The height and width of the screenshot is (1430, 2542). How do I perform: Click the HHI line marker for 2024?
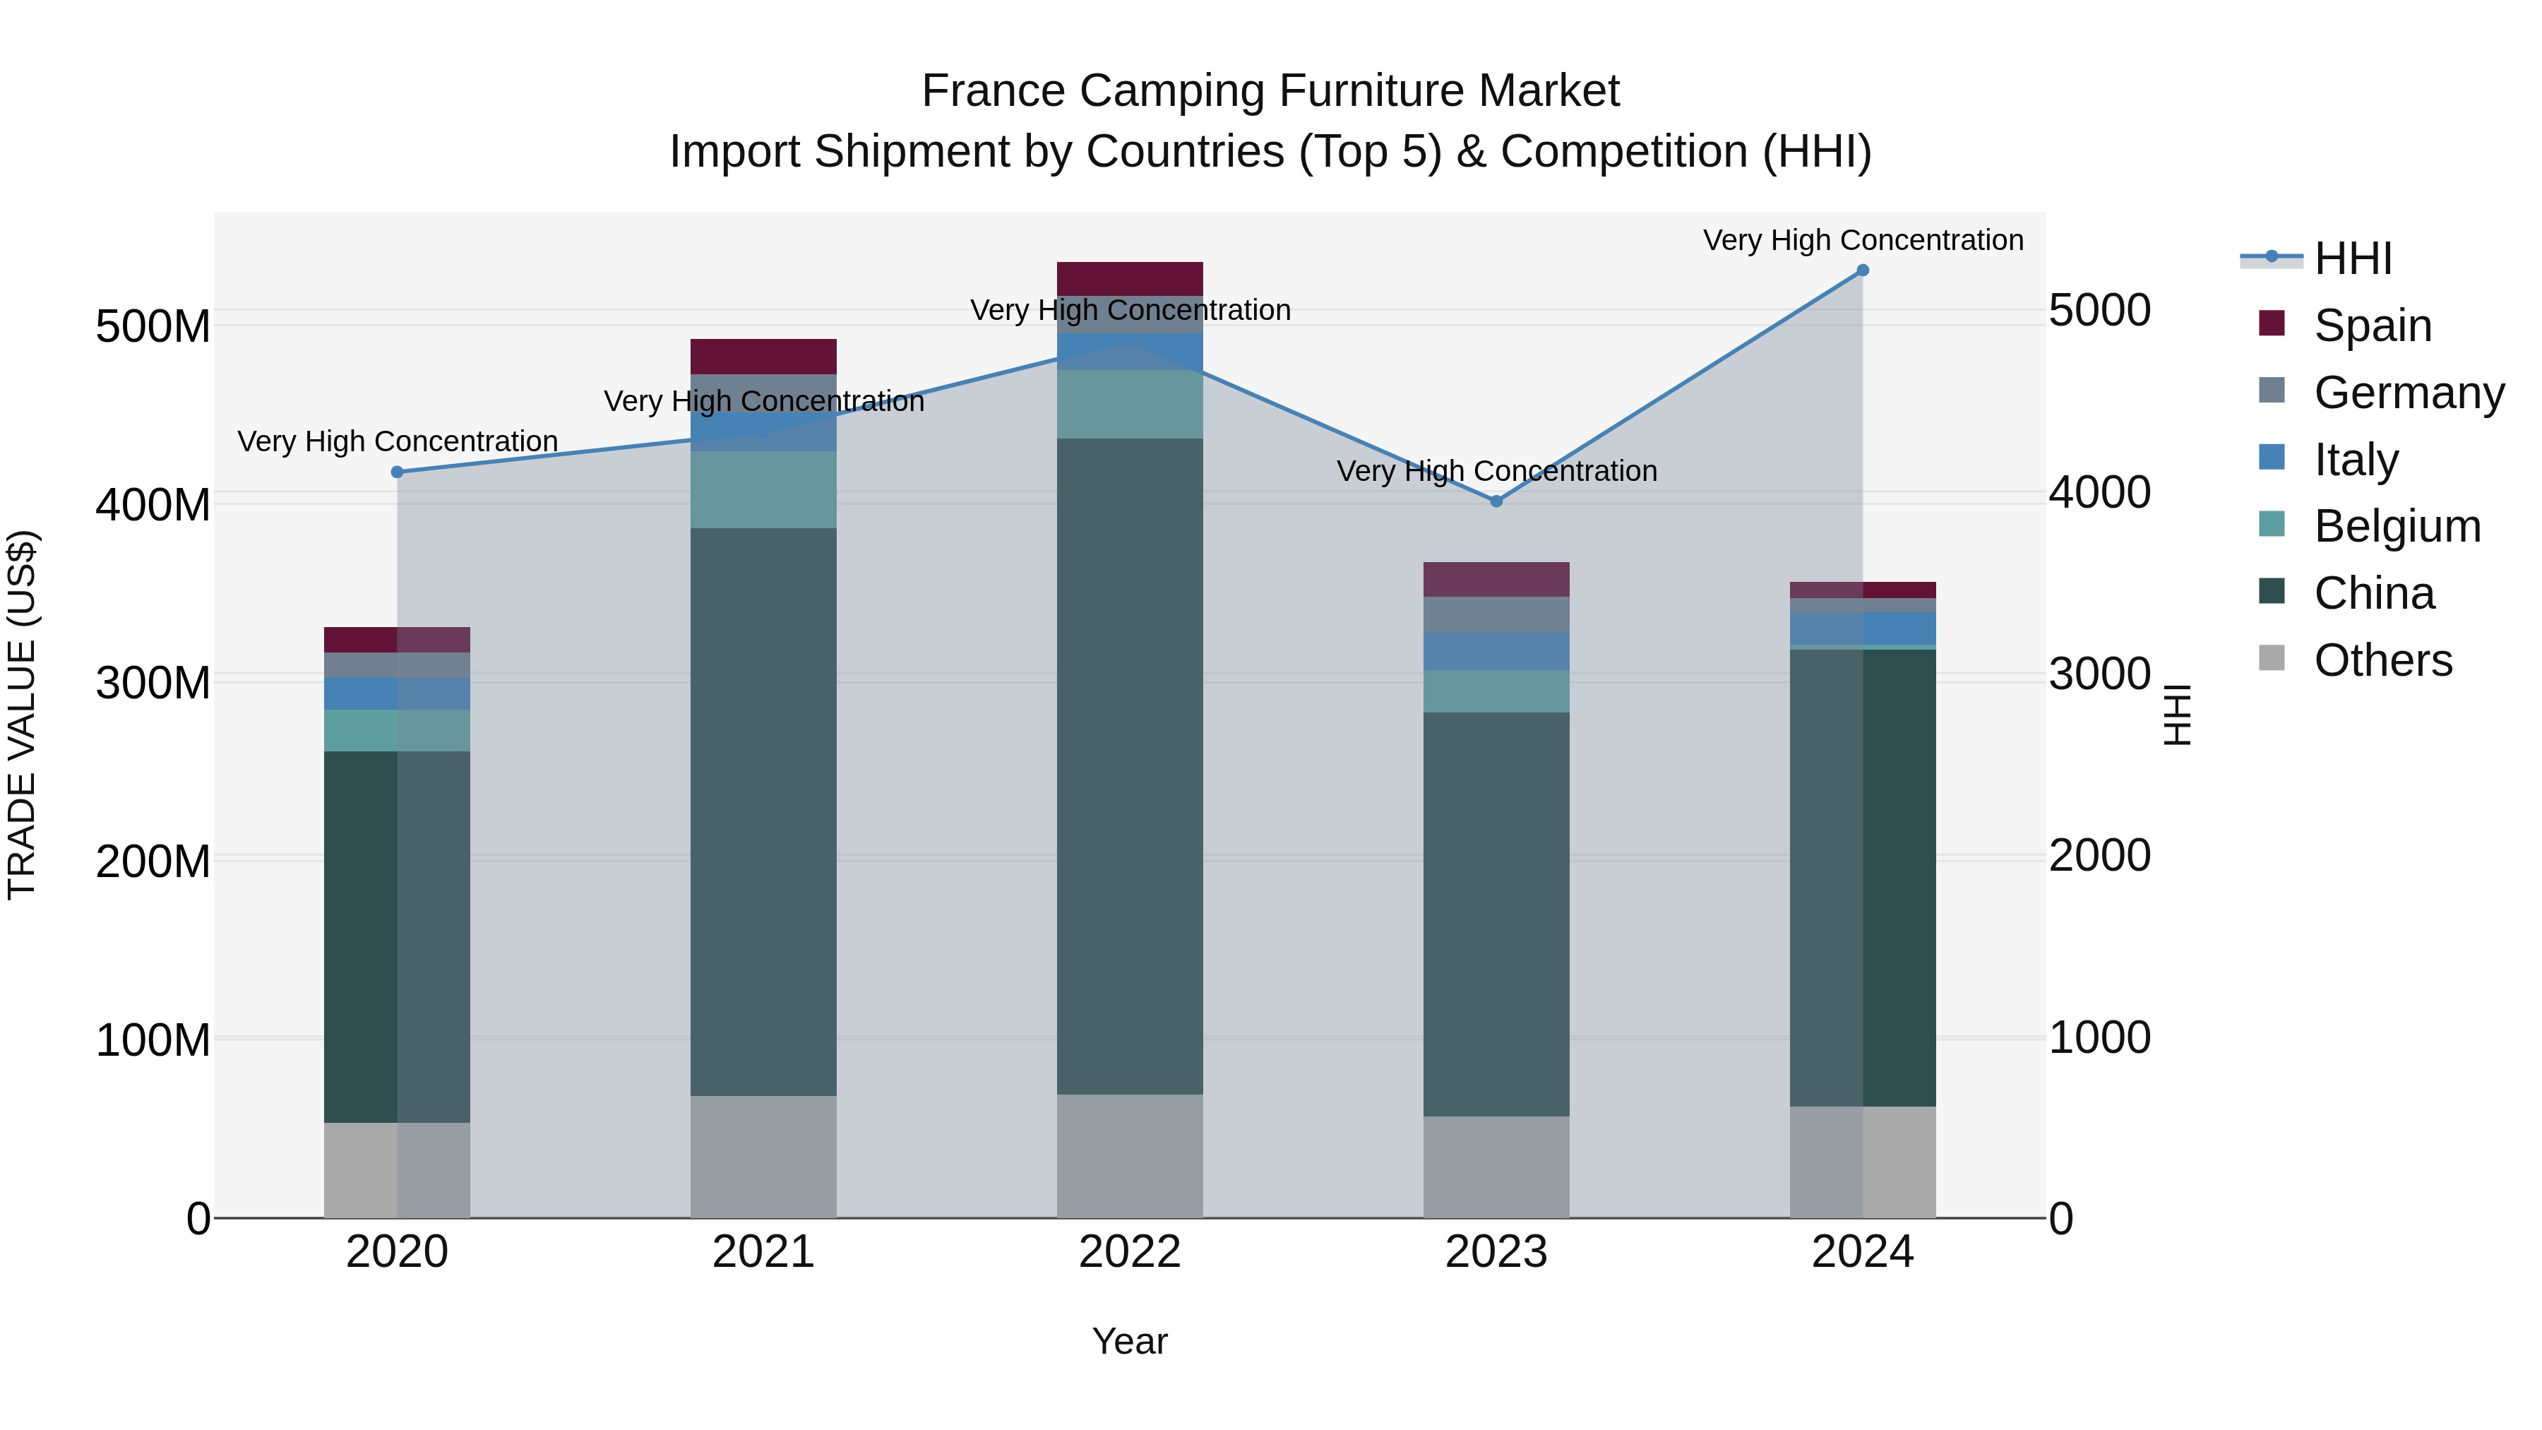1862,270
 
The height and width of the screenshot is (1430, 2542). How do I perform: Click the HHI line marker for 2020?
398,472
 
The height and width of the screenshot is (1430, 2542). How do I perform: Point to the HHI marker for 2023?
1496,501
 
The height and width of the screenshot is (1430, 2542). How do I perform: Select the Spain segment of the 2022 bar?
1130,279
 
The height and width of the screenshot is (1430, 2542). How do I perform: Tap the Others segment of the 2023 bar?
1496,1167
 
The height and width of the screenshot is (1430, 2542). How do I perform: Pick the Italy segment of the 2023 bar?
1496,651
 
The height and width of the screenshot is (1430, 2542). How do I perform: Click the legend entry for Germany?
2408,393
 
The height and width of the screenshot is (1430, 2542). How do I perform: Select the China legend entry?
2373,593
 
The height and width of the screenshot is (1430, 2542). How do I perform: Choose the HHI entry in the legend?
2353,258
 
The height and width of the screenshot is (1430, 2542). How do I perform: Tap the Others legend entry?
2382,660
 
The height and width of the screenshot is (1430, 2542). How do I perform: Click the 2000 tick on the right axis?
2100,856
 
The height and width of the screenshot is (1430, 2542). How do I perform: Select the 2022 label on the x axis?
1130,1252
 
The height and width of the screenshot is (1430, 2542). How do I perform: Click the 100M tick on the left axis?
153,1040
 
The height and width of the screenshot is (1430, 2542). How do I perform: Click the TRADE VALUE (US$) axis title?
22,715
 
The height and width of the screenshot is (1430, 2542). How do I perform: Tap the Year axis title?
1130,1341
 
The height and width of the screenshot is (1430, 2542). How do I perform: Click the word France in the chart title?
993,91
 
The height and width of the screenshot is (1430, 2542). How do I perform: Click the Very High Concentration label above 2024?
1862,240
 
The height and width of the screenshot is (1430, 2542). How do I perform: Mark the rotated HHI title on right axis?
2177,715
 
